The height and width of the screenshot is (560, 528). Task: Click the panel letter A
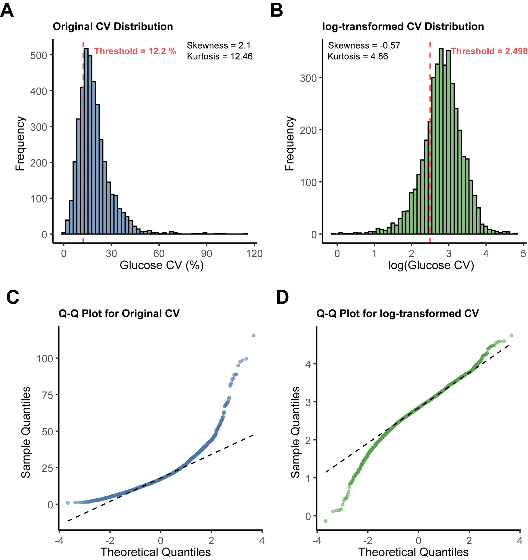pyautogui.click(x=7, y=10)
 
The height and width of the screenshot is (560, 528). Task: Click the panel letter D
pyautogui.click(x=283, y=297)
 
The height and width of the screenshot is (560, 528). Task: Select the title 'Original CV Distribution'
pyautogui.click(x=113, y=27)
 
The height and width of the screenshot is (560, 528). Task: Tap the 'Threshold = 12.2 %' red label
pyautogui.click(x=135, y=51)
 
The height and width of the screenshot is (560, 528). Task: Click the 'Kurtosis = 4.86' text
pyautogui.click(x=358, y=56)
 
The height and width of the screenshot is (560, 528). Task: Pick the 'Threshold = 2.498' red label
pyautogui.click(x=489, y=51)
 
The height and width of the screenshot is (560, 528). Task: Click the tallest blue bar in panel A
pyautogui.click(x=87, y=141)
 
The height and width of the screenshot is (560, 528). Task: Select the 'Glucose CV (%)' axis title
pyautogui.click(x=161, y=265)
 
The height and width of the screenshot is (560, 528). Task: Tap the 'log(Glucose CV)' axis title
pyautogui.click(x=431, y=265)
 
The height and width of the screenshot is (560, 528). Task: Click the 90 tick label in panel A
pyautogui.click(x=206, y=254)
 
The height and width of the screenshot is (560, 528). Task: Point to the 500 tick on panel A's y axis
pyautogui.click(x=39, y=55)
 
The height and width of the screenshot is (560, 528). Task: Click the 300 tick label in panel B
pyautogui.click(x=308, y=78)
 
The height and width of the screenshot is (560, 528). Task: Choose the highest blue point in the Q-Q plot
pyautogui.click(x=254, y=336)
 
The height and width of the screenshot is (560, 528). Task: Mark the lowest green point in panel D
pyautogui.click(x=326, y=521)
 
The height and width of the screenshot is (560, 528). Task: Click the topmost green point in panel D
pyautogui.click(x=511, y=336)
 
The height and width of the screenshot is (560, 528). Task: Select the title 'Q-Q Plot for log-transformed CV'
pyautogui.click(x=397, y=314)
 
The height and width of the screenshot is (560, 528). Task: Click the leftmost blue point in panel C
pyautogui.click(x=68, y=503)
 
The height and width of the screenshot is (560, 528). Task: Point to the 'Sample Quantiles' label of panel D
pyautogui.click(x=295, y=432)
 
